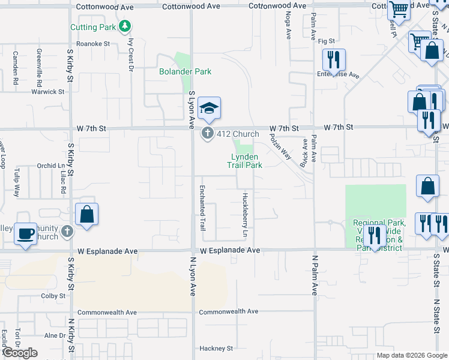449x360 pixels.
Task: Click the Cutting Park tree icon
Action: click(125, 26)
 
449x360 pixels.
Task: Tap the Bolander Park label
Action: click(185, 71)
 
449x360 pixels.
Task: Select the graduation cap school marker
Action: click(209, 108)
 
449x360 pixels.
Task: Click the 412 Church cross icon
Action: click(208, 133)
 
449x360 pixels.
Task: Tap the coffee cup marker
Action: click(25, 233)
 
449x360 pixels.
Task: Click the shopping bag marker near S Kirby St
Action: click(87, 215)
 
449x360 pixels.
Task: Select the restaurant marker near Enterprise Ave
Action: click(333, 59)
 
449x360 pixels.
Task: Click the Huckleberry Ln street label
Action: click(245, 214)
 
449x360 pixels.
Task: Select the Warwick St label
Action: click(49, 92)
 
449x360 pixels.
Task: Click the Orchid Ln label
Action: click(50, 166)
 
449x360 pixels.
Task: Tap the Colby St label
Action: click(53, 296)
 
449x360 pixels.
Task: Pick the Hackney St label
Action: click(216, 348)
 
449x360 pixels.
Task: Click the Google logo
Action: click(20, 353)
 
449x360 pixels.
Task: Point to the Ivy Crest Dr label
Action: click(130, 55)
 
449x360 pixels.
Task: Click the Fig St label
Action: click(326, 41)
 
